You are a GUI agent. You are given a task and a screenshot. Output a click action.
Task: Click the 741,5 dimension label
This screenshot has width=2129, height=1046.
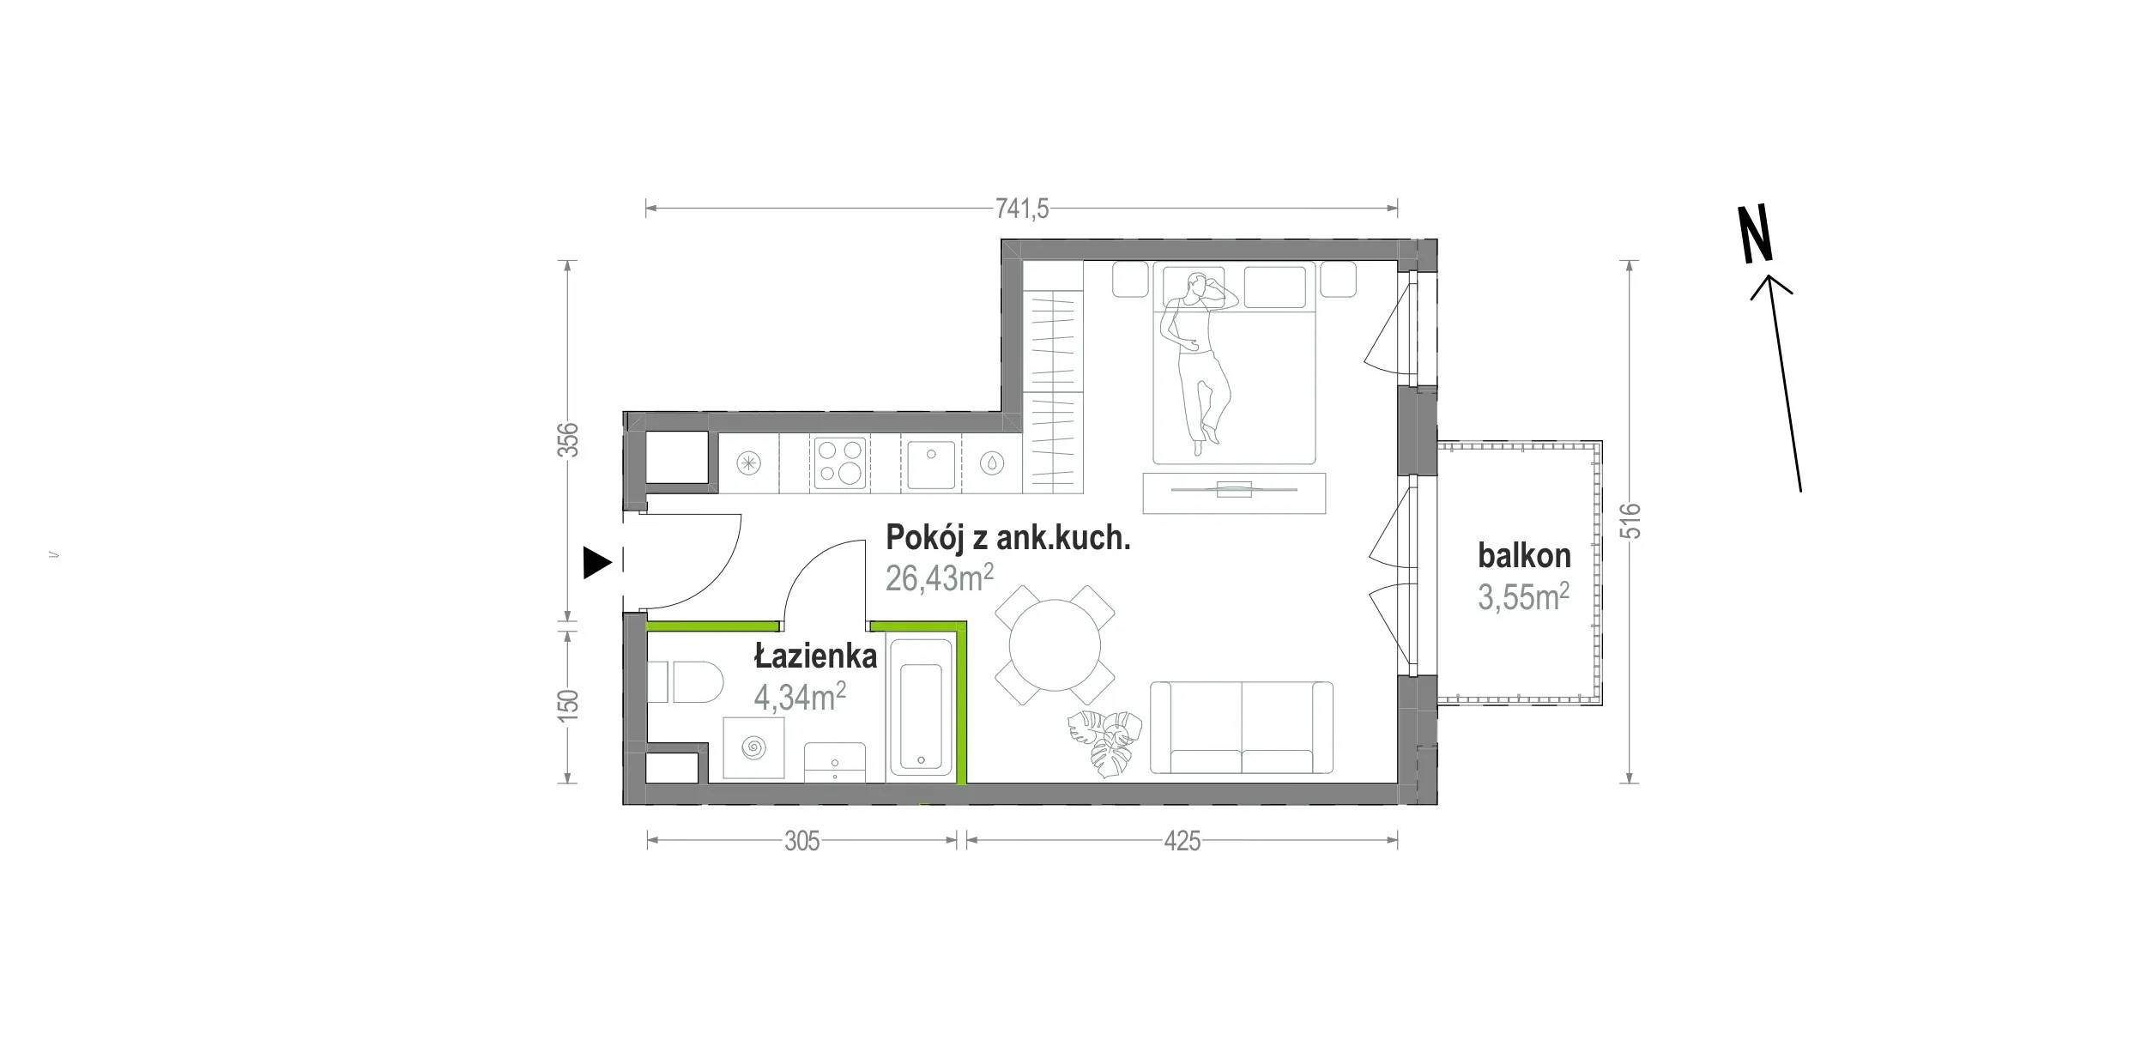[1022, 209]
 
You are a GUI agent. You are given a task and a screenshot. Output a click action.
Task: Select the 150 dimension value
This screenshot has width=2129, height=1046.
[569, 704]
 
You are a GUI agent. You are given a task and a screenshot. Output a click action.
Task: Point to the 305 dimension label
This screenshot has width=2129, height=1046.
[802, 842]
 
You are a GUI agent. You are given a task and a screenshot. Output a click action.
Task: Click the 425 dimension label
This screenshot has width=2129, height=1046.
[1182, 842]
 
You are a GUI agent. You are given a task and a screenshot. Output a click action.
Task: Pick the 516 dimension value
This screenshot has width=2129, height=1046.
[1632, 520]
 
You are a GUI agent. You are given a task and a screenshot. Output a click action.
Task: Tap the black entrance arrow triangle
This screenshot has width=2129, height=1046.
[597, 562]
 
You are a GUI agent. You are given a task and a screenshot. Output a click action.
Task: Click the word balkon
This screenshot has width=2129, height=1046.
[1524, 556]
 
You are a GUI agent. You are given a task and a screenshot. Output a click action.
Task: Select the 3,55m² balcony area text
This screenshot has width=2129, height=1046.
[1524, 596]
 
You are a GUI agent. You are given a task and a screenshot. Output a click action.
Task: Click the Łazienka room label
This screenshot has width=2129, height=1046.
[815, 656]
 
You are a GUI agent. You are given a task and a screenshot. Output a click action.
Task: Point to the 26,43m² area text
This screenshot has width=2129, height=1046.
[940, 578]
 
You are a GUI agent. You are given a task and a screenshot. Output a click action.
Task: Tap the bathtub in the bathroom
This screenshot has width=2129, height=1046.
[921, 707]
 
